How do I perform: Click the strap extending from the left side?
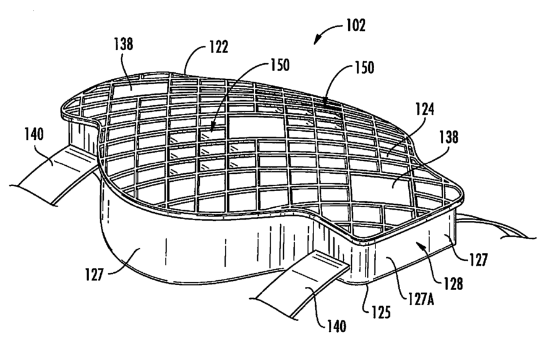click(56, 173)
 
